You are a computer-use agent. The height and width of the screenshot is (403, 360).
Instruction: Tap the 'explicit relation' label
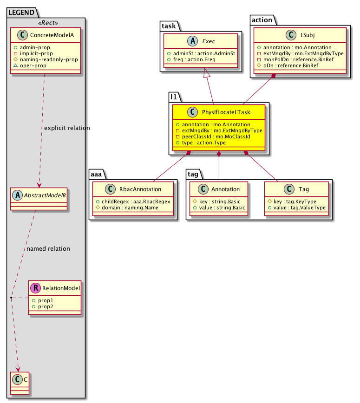coord(66,128)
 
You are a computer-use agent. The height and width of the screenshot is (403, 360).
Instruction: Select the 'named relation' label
coord(48,248)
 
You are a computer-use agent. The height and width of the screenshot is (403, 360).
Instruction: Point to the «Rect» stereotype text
coord(46,22)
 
